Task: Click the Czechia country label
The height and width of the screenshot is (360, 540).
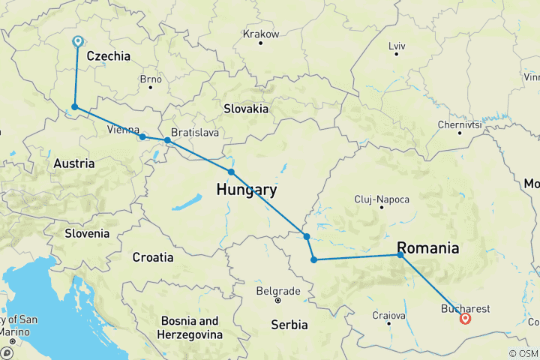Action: click(x=108, y=56)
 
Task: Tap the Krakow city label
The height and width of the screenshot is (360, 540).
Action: click(x=261, y=34)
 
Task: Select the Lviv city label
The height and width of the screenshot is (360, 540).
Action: click(x=397, y=46)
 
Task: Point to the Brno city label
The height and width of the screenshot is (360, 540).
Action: click(x=151, y=79)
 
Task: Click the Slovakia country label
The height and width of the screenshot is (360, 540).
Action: click(x=246, y=109)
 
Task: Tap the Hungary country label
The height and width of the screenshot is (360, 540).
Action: click(x=246, y=190)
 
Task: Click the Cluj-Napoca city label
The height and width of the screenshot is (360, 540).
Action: click(x=382, y=199)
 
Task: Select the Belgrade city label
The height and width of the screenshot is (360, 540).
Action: click(x=277, y=291)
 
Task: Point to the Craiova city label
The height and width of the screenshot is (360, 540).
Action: click(x=388, y=316)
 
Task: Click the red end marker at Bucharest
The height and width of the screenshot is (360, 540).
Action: click(x=466, y=318)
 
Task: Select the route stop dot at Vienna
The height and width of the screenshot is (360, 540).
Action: click(x=142, y=137)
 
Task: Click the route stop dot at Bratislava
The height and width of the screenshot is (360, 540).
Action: click(x=167, y=140)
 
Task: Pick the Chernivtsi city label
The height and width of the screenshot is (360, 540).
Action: click(x=459, y=124)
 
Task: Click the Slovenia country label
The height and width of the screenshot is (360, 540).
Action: click(x=86, y=233)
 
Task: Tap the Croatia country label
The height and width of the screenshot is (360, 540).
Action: click(x=153, y=257)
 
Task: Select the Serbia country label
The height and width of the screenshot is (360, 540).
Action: click(x=289, y=325)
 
